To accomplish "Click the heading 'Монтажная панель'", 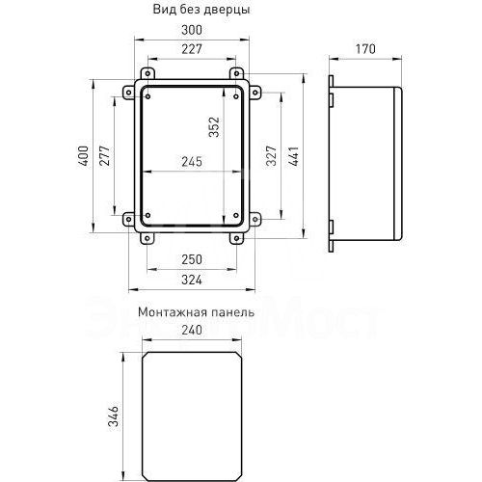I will (x=196, y=312).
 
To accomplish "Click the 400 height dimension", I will (x=85, y=158).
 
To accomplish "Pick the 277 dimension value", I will (x=105, y=158).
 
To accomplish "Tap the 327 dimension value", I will (x=272, y=158).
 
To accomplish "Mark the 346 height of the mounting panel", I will (x=112, y=417).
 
